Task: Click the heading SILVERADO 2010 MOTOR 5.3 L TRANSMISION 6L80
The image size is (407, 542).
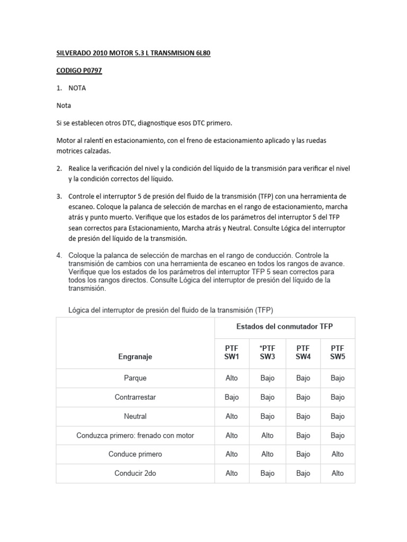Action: (136, 53)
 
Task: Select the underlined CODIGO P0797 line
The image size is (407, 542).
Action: (79, 71)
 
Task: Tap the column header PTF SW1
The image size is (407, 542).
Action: (232, 353)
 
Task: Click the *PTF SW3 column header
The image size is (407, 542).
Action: (268, 353)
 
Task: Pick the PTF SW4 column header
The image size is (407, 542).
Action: (303, 353)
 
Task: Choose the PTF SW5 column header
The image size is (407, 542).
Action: (338, 353)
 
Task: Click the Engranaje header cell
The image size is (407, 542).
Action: (135, 357)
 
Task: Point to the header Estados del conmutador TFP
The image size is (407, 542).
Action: (285, 327)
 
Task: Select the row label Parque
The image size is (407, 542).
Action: (135, 378)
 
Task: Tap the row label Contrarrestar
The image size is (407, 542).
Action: (135, 398)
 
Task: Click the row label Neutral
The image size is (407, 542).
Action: (135, 417)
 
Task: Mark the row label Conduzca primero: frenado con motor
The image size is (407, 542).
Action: (135, 436)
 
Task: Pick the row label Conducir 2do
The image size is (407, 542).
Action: (135, 474)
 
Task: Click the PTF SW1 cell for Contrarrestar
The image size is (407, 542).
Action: (232, 398)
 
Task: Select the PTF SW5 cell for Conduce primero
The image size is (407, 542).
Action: (338, 454)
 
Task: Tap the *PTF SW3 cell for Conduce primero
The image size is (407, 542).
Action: (268, 454)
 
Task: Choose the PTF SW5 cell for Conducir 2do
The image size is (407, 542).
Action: (338, 474)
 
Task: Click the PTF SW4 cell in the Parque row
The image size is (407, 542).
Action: (303, 378)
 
